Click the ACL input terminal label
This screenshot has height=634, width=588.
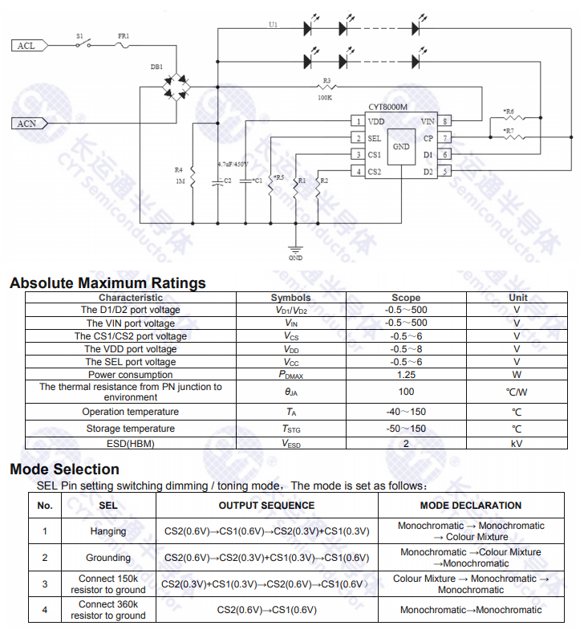[x=26, y=46]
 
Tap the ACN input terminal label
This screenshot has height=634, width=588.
[x=26, y=124]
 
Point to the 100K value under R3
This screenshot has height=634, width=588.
[x=325, y=97]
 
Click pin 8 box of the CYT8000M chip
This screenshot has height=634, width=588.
[x=445, y=121]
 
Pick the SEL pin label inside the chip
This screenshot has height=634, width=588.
[x=375, y=138]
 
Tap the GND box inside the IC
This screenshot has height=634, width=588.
[x=401, y=146]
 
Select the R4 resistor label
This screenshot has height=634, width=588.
[x=179, y=170]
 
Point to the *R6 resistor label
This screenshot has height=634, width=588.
[x=509, y=112]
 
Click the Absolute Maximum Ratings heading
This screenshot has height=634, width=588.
[x=107, y=282]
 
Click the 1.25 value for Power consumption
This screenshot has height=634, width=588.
[x=406, y=375]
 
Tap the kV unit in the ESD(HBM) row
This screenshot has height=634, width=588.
[x=517, y=443]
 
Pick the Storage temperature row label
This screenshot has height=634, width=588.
[x=130, y=429]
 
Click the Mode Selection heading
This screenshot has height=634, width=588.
[x=64, y=469]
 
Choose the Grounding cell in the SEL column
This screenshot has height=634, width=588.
[x=108, y=558]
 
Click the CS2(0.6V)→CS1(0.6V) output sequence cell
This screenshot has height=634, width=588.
[x=266, y=610]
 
